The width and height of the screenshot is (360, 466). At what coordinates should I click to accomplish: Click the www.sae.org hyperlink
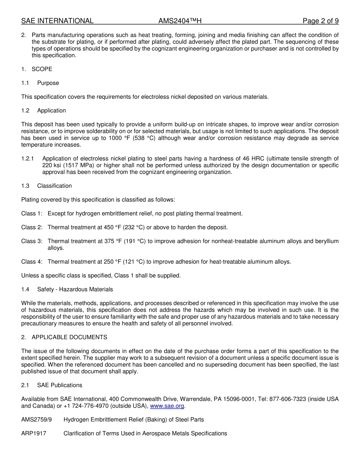point(167,406)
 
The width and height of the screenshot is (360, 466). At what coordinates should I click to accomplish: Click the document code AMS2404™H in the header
point(177,21)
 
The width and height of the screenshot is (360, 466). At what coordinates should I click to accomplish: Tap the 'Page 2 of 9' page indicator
point(320,21)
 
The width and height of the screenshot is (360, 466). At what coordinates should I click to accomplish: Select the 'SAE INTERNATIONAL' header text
point(57,21)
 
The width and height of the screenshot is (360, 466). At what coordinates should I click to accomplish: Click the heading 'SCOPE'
point(42,69)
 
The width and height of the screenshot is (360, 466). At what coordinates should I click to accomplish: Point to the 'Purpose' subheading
point(48,83)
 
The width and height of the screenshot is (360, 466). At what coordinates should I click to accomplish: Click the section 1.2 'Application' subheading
point(52,111)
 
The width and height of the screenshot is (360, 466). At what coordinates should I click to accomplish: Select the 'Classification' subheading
point(54,186)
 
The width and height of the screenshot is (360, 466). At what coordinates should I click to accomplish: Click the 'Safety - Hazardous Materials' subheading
point(75,289)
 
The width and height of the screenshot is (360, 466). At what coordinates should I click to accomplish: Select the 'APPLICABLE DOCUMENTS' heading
point(69,337)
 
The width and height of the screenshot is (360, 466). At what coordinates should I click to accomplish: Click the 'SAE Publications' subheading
point(59,385)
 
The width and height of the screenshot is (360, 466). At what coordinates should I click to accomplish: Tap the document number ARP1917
point(34,433)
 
